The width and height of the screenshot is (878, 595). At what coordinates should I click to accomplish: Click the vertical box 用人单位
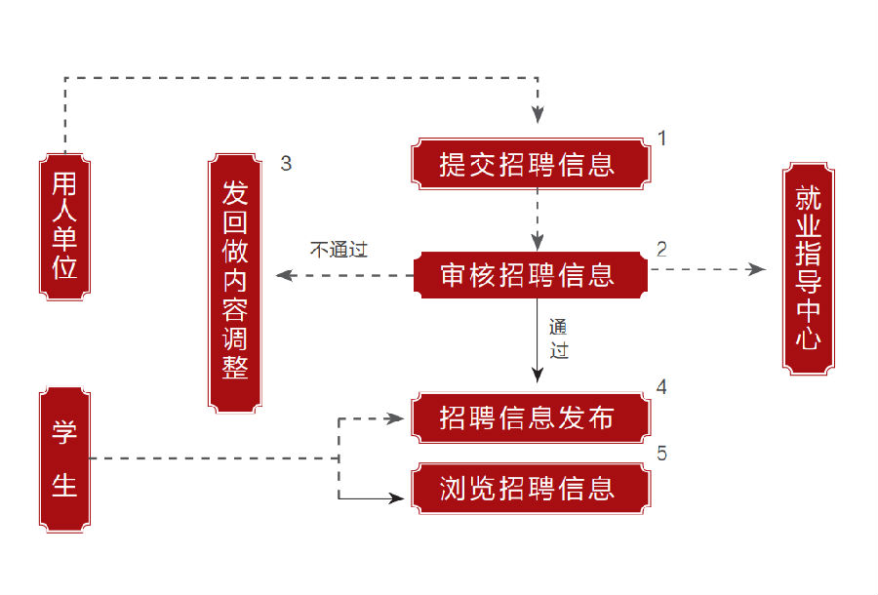pyautogui.click(x=64, y=225)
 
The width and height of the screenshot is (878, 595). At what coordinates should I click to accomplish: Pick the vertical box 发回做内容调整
pyautogui.click(x=235, y=280)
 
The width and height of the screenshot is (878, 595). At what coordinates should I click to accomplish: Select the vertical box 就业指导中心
pyautogui.click(x=809, y=268)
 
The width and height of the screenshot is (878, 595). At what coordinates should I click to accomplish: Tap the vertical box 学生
pyautogui.click(x=64, y=458)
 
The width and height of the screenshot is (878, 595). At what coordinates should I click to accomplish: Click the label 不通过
pyautogui.click(x=339, y=249)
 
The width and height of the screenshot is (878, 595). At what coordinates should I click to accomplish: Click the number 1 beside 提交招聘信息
pyautogui.click(x=661, y=139)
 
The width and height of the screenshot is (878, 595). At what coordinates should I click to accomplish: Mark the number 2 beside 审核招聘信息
pyautogui.click(x=661, y=249)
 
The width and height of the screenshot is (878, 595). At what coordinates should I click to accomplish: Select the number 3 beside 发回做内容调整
pyautogui.click(x=286, y=164)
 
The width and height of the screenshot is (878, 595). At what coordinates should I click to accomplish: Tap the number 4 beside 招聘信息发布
pyautogui.click(x=661, y=387)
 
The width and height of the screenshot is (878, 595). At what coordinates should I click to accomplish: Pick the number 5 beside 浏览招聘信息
pyautogui.click(x=661, y=454)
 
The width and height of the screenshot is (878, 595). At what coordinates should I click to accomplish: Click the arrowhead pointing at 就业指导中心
pyautogui.click(x=758, y=269)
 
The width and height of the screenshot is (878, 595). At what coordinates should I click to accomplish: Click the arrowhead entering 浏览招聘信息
pyautogui.click(x=397, y=498)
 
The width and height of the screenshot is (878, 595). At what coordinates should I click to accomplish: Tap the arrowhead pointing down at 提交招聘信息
pyautogui.click(x=538, y=114)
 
